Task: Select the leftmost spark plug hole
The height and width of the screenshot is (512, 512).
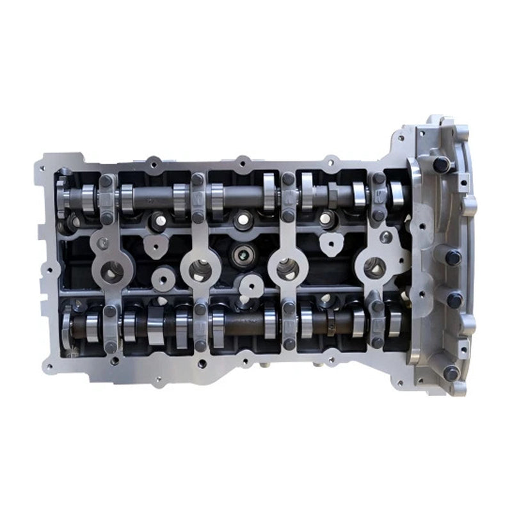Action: point(111,273)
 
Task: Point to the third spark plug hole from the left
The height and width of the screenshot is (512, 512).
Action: point(287,269)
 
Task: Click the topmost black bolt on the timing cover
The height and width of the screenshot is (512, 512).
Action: point(441,164)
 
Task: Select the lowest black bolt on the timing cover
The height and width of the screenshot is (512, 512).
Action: point(451,372)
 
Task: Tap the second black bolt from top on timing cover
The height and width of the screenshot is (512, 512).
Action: point(453,257)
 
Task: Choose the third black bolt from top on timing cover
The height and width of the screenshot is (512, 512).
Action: point(455,299)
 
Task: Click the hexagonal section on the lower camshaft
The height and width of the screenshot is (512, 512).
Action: point(331,318)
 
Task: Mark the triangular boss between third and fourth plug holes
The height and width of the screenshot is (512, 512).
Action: point(331,242)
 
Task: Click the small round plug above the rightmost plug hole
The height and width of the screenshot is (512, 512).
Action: point(385,237)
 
